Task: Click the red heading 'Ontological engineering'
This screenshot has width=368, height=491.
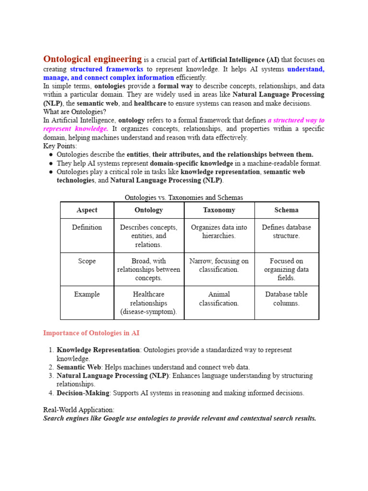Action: point(92,59)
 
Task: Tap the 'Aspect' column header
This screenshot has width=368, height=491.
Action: point(87,210)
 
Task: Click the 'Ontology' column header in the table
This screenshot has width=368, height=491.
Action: point(149,210)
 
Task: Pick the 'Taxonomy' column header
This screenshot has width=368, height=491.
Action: point(219,210)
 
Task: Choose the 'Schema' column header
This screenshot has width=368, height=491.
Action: point(287,210)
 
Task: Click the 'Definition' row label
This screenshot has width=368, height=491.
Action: point(87,227)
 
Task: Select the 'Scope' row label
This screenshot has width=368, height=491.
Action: point(87,261)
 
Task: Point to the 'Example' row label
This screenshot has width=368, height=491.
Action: point(87,294)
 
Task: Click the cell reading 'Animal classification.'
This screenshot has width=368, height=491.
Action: point(219,299)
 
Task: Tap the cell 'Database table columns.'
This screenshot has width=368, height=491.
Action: point(287,299)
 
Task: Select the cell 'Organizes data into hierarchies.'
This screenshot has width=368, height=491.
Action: point(219,232)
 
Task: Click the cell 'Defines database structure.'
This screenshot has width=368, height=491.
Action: point(287,232)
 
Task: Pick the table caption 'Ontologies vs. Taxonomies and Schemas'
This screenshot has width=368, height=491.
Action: point(184,198)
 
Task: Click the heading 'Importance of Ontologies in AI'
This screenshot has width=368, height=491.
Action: point(91,333)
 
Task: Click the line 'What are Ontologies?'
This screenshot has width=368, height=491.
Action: point(74,112)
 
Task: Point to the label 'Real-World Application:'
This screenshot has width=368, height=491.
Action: point(79,410)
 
